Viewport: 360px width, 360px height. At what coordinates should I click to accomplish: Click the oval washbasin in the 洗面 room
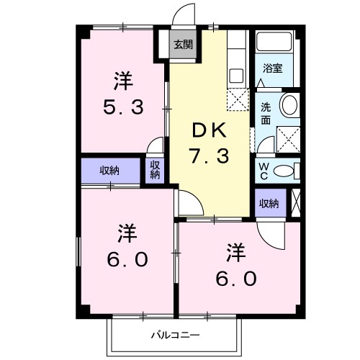[x=289, y=105]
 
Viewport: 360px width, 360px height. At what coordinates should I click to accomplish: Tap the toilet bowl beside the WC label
[x=285, y=170]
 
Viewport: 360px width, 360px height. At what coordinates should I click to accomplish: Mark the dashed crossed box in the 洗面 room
[x=288, y=136]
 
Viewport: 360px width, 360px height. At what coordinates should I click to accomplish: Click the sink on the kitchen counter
[x=235, y=74]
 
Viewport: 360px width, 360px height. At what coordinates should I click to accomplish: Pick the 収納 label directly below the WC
[x=269, y=204]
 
